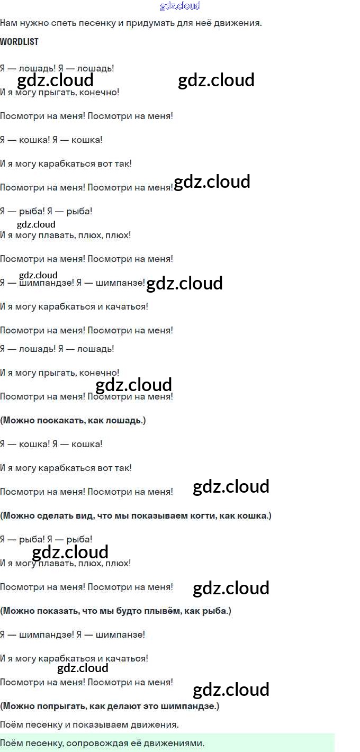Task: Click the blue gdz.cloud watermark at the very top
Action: coord(180,6)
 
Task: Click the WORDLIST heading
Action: coord(19,42)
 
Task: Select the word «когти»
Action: coord(215,515)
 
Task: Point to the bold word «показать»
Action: coord(57,611)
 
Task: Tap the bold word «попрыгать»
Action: coord(60,706)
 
